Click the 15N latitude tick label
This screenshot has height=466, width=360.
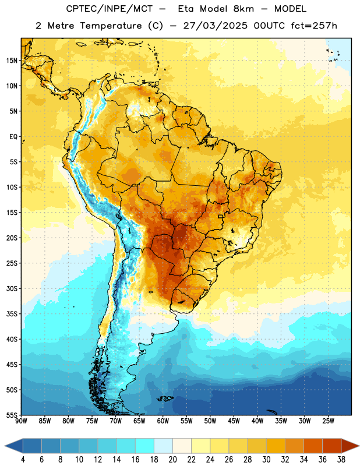[12, 61]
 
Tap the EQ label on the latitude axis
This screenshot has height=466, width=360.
[13, 137]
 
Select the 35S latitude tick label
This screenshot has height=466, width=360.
[12, 314]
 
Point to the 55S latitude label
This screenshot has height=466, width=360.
[12, 415]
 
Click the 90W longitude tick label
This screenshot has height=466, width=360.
[21, 421]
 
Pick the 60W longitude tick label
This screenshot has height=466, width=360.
[163, 421]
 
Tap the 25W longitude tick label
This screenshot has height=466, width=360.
[328, 421]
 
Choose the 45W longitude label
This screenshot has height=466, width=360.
[234, 421]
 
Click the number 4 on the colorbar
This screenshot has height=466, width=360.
[23, 460]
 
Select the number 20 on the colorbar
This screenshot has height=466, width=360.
[172, 460]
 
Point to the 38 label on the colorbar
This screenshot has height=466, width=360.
[341, 460]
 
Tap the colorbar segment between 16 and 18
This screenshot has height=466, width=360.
[144, 446]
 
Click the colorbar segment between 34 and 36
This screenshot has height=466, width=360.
[313, 446]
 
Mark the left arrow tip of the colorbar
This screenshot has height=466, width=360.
[5, 446]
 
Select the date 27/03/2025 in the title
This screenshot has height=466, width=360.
[215, 26]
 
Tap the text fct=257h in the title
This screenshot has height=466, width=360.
[314, 26]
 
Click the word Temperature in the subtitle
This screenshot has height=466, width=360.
[111, 26]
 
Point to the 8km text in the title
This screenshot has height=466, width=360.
[243, 9]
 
